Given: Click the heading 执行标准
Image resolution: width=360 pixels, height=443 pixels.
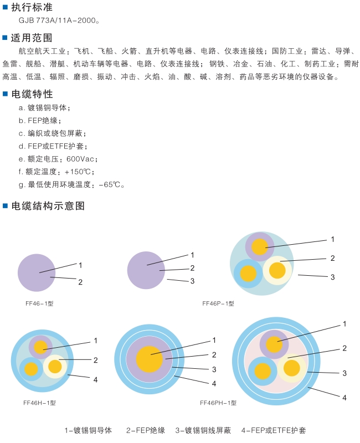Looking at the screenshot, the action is (x=32, y=7).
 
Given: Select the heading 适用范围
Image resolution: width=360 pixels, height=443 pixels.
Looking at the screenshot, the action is (x=32, y=38).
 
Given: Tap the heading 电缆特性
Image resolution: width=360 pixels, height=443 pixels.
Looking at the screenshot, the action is (x=32, y=94).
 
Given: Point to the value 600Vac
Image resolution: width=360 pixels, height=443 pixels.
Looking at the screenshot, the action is (x=80, y=159).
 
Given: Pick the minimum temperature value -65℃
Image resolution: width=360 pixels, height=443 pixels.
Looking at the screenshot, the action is (x=110, y=184).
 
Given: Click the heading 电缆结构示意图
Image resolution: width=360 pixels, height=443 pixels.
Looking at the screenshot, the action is (x=48, y=206).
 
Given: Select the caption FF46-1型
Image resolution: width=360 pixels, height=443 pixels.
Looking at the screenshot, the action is (x=39, y=303).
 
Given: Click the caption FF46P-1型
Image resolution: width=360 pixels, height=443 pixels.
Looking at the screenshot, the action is (x=218, y=303).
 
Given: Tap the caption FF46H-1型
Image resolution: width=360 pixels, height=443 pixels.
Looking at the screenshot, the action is (x=39, y=403).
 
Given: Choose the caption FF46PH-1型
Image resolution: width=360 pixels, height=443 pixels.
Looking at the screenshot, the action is (x=218, y=403).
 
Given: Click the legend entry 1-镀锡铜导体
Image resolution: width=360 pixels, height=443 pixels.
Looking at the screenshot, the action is (x=88, y=430).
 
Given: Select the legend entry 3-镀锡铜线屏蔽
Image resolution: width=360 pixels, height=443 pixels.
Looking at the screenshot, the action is (x=203, y=430).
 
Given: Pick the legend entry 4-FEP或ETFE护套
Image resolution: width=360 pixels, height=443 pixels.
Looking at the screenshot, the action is (x=274, y=430).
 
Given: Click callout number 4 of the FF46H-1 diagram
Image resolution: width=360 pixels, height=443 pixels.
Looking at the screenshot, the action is (x=95, y=379).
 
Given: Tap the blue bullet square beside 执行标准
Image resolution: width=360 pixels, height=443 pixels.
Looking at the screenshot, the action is (x=5, y=7).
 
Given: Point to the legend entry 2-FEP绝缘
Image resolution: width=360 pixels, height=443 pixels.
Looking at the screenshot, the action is (x=146, y=430).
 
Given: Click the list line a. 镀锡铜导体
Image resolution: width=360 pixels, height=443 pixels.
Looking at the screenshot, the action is (x=44, y=108).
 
